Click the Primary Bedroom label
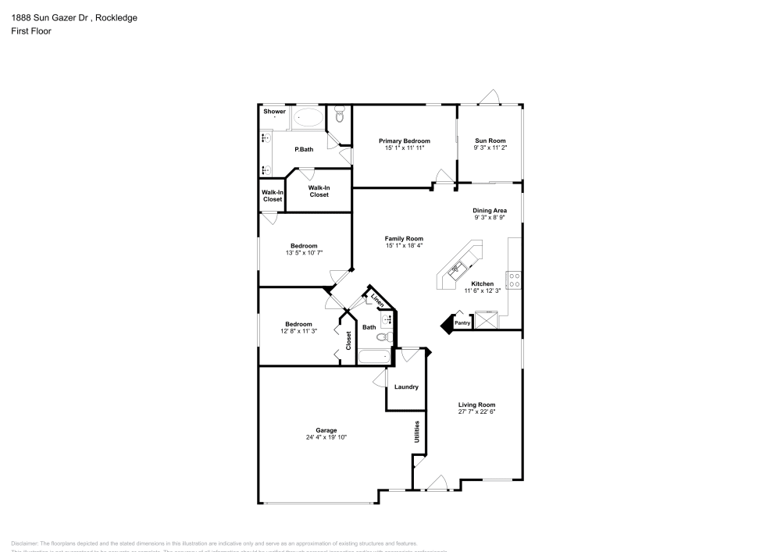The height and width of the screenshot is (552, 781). click(x=405, y=141)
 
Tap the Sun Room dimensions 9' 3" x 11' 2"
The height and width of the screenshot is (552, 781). click(x=490, y=148)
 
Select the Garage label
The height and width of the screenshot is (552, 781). click(x=326, y=430)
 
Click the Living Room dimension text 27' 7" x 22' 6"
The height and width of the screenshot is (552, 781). click(x=476, y=411)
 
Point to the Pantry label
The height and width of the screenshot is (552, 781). click(x=462, y=322)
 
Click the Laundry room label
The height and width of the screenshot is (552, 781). click(x=406, y=386)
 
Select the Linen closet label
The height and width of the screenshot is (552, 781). click(x=377, y=300)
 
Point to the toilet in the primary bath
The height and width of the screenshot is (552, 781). click(x=339, y=116)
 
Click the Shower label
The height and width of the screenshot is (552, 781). click(x=274, y=112)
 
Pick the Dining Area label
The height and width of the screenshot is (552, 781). click(x=490, y=211)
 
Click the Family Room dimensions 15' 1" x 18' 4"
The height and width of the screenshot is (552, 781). click(x=404, y=245)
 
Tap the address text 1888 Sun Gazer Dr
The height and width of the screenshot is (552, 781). click(x=46, y=18)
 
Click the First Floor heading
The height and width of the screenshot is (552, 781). click(x=31, y=31)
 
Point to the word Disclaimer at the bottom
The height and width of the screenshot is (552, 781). click(x=25, y=543)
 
